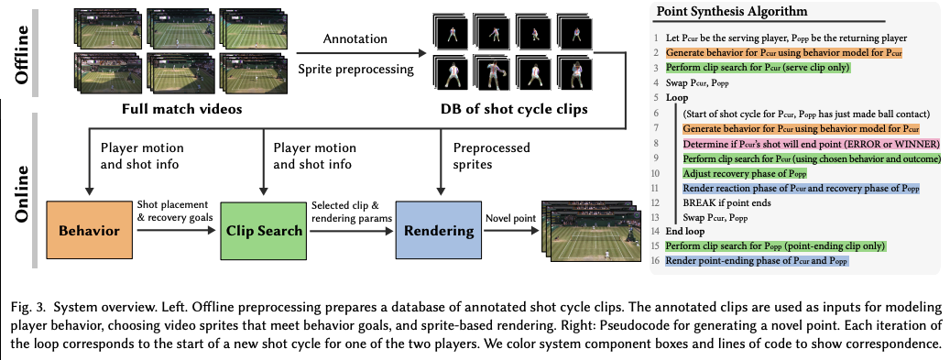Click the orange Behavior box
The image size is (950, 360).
(90, 231)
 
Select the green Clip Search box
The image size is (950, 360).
(264, 231)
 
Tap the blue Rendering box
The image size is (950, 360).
(439, 231)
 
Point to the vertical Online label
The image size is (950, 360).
(22, 194)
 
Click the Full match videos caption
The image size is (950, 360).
(181, 109)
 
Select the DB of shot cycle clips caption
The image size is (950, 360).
(514, 109)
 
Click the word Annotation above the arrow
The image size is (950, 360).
(355, 38)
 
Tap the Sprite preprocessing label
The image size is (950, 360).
(355, 69)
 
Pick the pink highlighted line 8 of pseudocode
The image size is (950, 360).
(812, 144)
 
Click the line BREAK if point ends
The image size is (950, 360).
(727, 203)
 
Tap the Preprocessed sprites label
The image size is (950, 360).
(491, 156)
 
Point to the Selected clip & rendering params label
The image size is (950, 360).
(351, 211)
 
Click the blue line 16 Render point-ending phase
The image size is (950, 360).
(757, 261)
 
